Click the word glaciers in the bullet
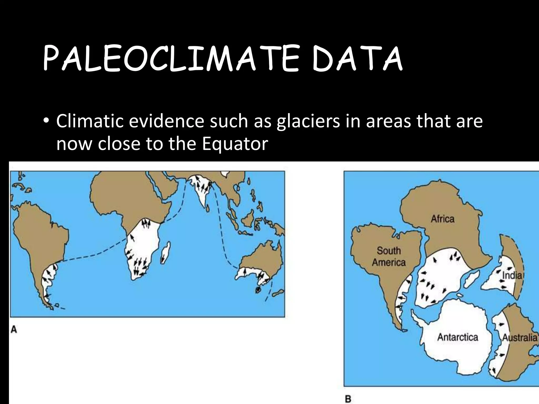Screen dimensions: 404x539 tap(308, 122)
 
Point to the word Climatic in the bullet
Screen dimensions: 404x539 tap(90, 121)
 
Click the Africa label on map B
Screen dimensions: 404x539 tap(442, 219)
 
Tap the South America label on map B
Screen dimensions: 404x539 tap(388, 256)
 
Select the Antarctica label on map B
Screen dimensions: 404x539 tap(457, 337)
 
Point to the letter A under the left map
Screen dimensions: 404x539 tap(14, 330)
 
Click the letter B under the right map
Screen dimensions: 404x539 tap(348, 399)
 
